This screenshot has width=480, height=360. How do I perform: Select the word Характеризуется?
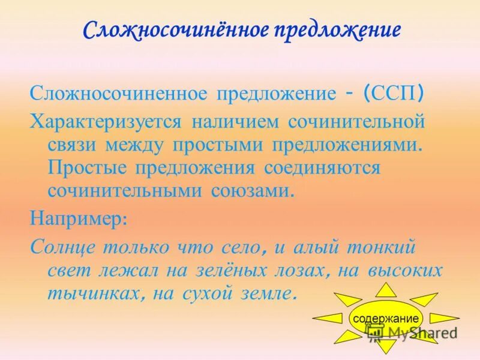105,121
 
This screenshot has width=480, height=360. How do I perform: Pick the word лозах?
301,270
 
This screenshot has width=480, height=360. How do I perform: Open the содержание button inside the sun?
386,318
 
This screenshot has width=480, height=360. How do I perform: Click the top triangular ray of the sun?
386,289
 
